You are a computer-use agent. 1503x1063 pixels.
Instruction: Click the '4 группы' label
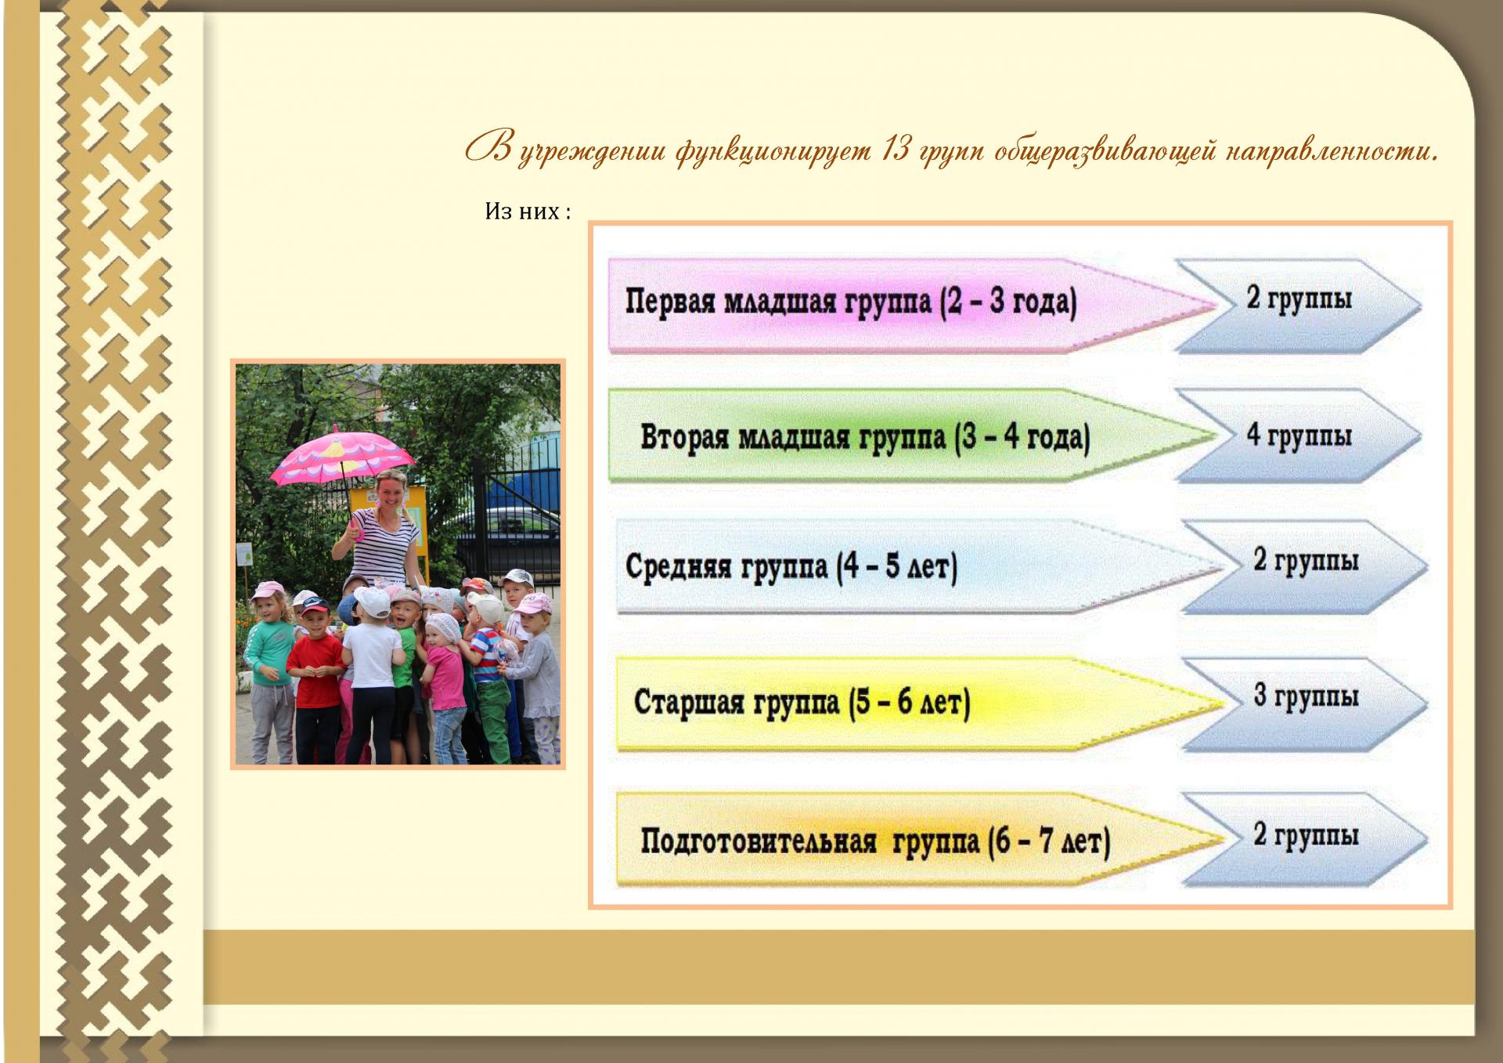1299,436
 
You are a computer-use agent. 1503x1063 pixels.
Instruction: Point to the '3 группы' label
1306,696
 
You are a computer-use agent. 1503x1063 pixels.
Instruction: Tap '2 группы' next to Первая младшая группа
1299,298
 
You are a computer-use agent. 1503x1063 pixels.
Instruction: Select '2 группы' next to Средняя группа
1306,560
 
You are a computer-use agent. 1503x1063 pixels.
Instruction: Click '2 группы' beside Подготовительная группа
1306,834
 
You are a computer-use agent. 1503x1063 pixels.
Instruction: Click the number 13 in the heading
895,148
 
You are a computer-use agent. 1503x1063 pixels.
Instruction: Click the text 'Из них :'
528,212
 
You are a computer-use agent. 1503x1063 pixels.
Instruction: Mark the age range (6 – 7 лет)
1048,842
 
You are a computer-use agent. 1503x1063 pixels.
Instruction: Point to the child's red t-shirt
315,670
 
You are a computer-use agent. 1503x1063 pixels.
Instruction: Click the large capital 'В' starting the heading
490,146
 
